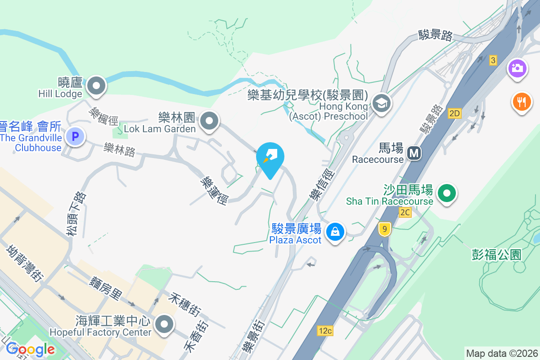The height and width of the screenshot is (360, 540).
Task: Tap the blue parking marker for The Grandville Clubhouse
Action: tap(75, 136)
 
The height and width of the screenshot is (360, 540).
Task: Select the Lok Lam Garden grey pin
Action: tap(209, 121)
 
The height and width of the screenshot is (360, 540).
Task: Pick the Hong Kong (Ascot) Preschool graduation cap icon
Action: tap(381, 103)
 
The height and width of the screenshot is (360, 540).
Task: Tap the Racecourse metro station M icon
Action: tap(414, 153)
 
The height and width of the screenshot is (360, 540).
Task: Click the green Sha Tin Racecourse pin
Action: tap(446, 193)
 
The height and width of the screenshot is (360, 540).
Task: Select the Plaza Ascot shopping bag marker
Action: tap(335, 232)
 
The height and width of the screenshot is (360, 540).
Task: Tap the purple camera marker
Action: tap(517, 69)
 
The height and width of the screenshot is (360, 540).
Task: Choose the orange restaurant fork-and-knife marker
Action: tap(522, 102)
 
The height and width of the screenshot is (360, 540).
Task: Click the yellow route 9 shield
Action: tap(384, 229)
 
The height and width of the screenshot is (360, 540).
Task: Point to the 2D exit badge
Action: tap(454, 113)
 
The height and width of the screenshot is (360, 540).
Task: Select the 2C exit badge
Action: tap(405, 212)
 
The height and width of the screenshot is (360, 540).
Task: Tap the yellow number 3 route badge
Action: tap(493, 60)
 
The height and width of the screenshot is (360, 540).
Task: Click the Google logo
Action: tap(30, 349)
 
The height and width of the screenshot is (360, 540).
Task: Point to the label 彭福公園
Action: tap(496, 255)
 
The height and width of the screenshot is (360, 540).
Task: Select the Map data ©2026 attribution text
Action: tap(502, 353)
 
